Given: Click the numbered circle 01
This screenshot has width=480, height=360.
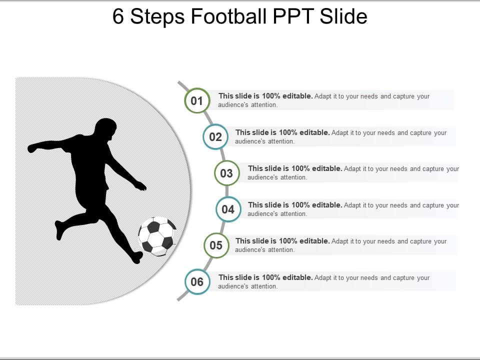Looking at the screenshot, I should tap(197, 101).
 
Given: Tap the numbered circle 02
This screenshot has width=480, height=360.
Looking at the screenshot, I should tap(215, 137).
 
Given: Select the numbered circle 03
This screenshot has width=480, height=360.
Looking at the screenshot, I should tap(227, 173).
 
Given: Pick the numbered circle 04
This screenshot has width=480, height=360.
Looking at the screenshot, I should tap(228, 209).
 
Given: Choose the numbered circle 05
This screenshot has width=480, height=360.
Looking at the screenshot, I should tap(216, 245).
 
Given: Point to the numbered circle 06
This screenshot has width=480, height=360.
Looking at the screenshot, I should tap(197, 282).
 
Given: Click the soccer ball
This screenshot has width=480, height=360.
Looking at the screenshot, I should tap(157, 236).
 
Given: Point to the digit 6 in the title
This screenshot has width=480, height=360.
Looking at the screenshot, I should tap(118, 16).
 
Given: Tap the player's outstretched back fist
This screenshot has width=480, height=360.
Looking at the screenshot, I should tap(32, 148).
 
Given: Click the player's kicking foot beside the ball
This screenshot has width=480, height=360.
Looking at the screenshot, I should tap(136, 257).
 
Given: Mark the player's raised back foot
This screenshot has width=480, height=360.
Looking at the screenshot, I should tap(59, 230).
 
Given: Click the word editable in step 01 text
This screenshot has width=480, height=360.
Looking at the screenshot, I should tap(297, 96).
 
